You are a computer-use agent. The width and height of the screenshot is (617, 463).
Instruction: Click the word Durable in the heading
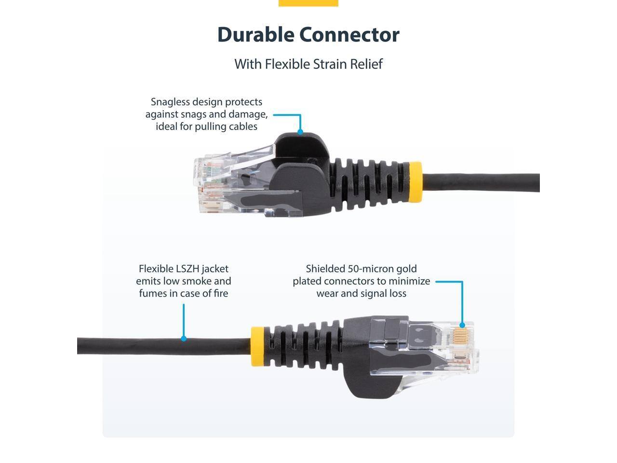coord(255,35)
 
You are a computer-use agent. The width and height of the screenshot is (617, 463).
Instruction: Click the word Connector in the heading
coord(349,35)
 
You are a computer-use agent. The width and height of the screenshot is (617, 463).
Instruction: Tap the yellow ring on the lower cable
coord(257,346)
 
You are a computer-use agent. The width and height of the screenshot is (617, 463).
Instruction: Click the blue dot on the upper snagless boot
coord(300,132)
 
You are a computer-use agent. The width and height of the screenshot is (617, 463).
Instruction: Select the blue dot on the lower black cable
coord(184,339)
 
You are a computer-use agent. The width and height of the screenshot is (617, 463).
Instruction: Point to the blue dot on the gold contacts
coord(462,326)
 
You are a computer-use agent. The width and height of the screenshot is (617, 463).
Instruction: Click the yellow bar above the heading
coord(308,3)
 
